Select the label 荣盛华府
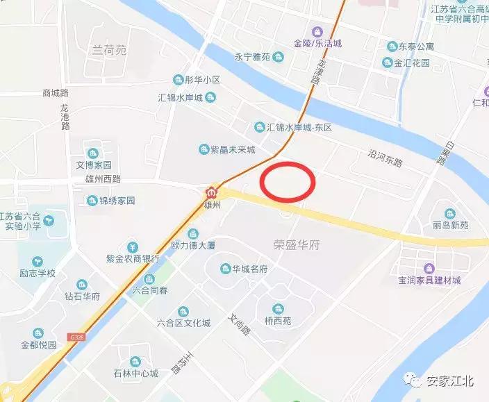[x=294, y=244]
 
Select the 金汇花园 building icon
[x=386, y=63]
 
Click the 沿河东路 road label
[x=385, y=160]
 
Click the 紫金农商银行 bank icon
[x=132, y=246]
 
